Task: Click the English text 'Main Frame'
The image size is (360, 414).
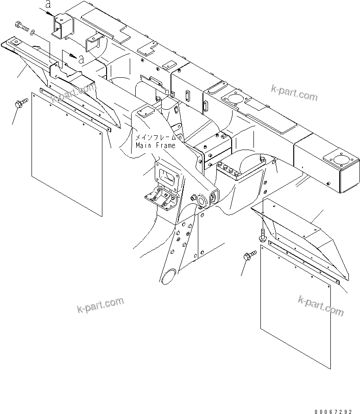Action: click(x=156, y=145)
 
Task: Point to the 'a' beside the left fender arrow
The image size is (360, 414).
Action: click(x=82, y=59)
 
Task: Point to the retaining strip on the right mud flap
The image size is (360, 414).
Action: click(x=306, y=262)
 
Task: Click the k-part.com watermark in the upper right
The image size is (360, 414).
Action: click(x=295, y=93)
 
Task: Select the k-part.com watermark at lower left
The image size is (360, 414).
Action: click(x=100, y=305)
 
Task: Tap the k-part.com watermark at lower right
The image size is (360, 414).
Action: click(x=321, y=306)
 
